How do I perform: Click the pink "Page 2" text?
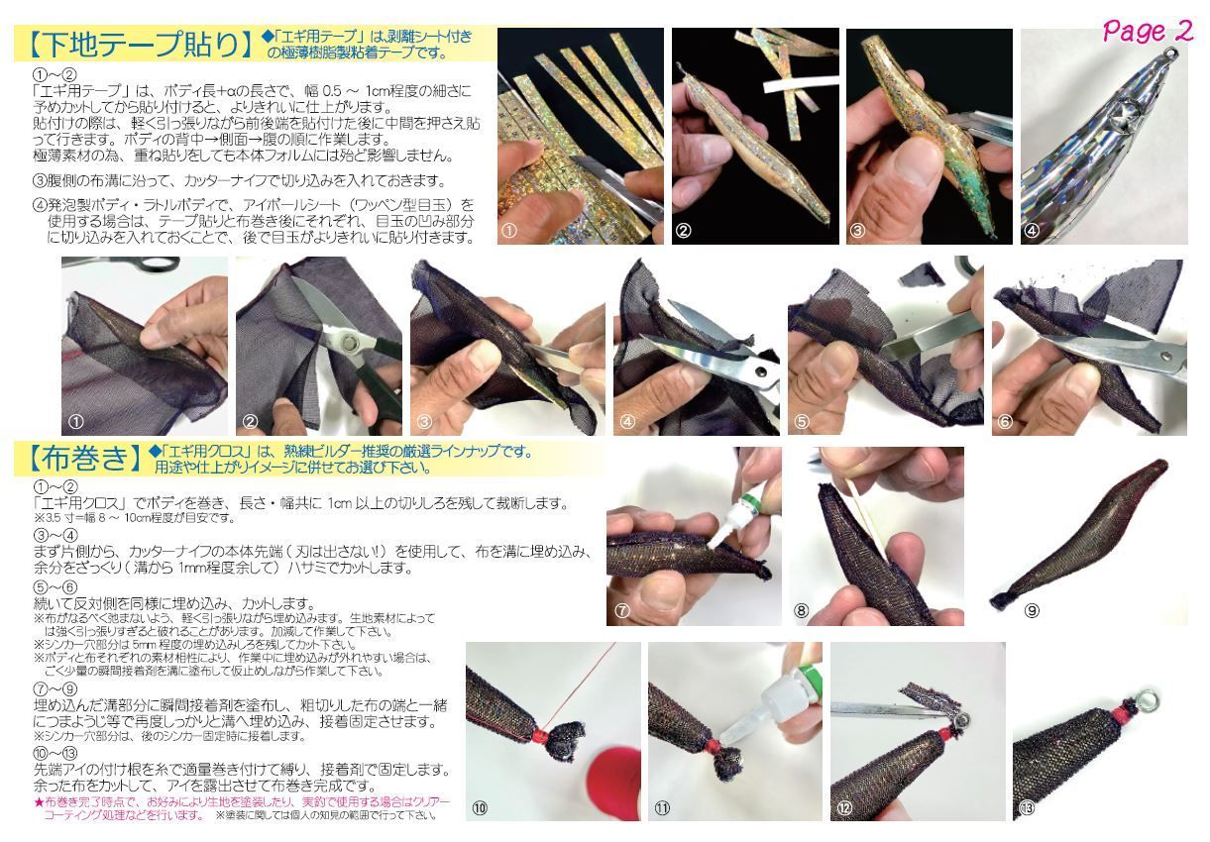coord(1148,31)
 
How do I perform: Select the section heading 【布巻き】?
coord(80,458)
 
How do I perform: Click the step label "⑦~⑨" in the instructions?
coord(55,687)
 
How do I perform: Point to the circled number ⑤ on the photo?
coord(802,420)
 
